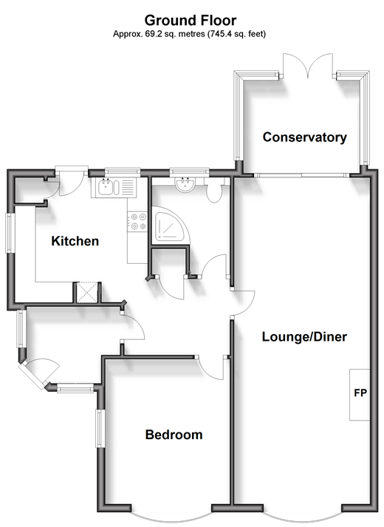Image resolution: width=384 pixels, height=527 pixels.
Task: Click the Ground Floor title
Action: (x=191, y=21)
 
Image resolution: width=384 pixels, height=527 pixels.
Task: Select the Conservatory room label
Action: (x=304, y=137)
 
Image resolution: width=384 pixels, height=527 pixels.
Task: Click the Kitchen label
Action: (x=75, y=241)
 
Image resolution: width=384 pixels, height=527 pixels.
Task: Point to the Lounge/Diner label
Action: (x=304, y=336)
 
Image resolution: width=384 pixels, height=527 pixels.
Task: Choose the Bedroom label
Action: (x=174, y=435)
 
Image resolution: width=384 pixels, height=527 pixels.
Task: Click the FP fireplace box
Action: (x=360, y=395)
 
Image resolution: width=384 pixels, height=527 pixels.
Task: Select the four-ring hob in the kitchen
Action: (x=137, y=221)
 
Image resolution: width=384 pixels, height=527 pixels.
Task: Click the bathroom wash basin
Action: (x=185, y=184)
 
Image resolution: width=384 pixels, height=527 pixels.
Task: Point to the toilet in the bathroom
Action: (x=214, y=191)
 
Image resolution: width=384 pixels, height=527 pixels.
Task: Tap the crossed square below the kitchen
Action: (x=87, y=293)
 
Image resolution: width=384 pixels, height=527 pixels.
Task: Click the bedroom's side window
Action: (x=100, y=428)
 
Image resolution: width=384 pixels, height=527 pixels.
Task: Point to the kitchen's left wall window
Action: (x=10, y=233)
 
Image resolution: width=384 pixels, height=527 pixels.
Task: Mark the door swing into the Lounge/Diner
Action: (x=243, y=303)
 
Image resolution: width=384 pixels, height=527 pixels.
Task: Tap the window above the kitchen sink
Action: (x=122, y=173)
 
